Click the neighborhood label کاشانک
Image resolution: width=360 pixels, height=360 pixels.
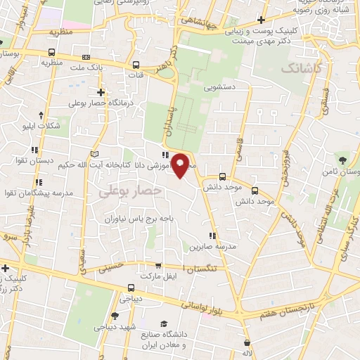point(302,69)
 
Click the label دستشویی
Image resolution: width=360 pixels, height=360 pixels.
point(219,89)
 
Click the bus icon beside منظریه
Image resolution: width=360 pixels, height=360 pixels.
point(51,51)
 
